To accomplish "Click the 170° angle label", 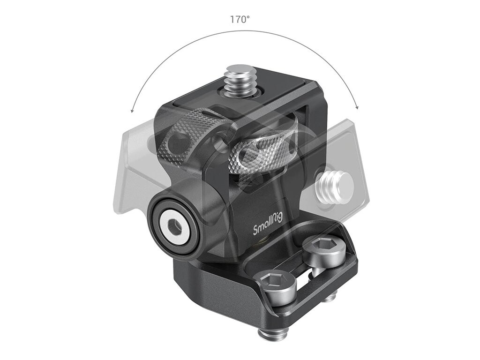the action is click(240, 20).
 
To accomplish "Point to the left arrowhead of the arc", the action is click(133, 110).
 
